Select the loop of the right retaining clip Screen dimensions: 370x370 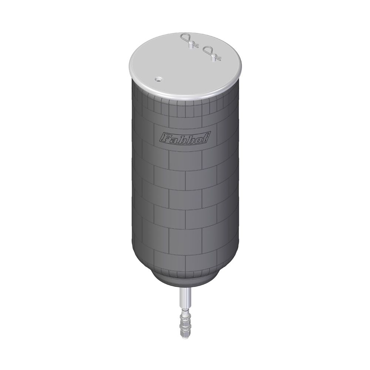tap(209, 50)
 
